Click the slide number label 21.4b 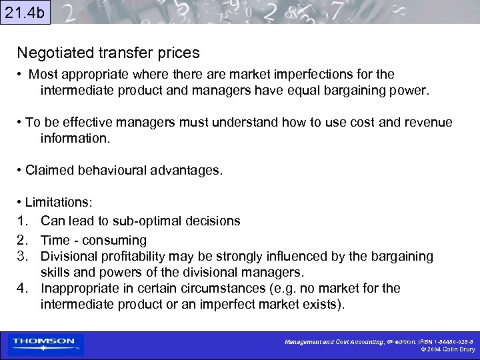25,13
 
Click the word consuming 117,240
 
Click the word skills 55,272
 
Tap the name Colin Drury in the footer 459,349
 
